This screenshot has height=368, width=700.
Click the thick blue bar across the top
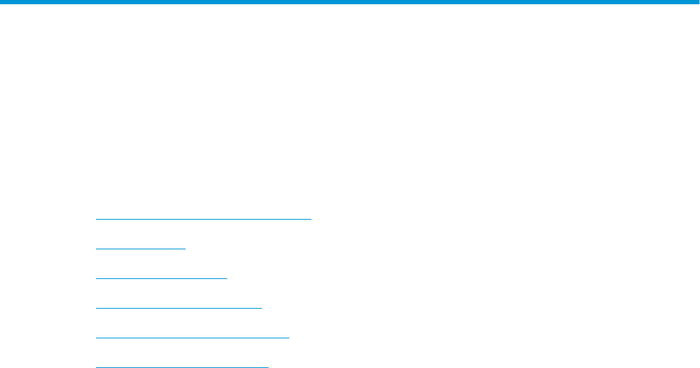pos(350,3)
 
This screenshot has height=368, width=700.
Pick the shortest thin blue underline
pos(140,249)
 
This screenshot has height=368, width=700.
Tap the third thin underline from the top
pos(161,278)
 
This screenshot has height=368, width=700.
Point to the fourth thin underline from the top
pos(179,308)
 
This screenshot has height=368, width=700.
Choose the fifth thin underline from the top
pos(192,338)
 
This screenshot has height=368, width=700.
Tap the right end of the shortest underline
pos(185,249)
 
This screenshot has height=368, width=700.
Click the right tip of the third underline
pos(227,278)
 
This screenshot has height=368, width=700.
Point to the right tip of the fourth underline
pos(261,308)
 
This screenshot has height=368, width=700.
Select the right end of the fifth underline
pos(289,338)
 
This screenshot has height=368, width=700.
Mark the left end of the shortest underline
pos(96,249)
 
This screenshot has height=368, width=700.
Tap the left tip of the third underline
pos(96,278)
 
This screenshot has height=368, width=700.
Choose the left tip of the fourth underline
pos(96,308)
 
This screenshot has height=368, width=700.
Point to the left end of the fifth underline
pos(96,338)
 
